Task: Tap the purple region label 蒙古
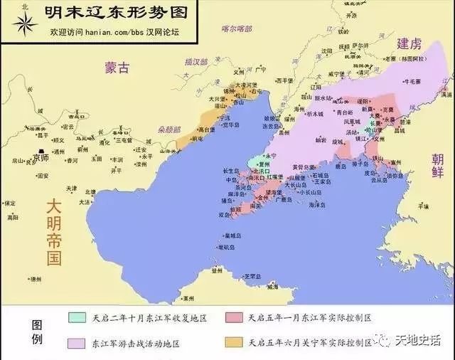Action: (x=117, y=68)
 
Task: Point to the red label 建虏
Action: (x=410, y=43)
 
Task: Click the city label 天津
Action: (x=71, y=189)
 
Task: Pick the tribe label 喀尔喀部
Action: (x=237, y=29)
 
